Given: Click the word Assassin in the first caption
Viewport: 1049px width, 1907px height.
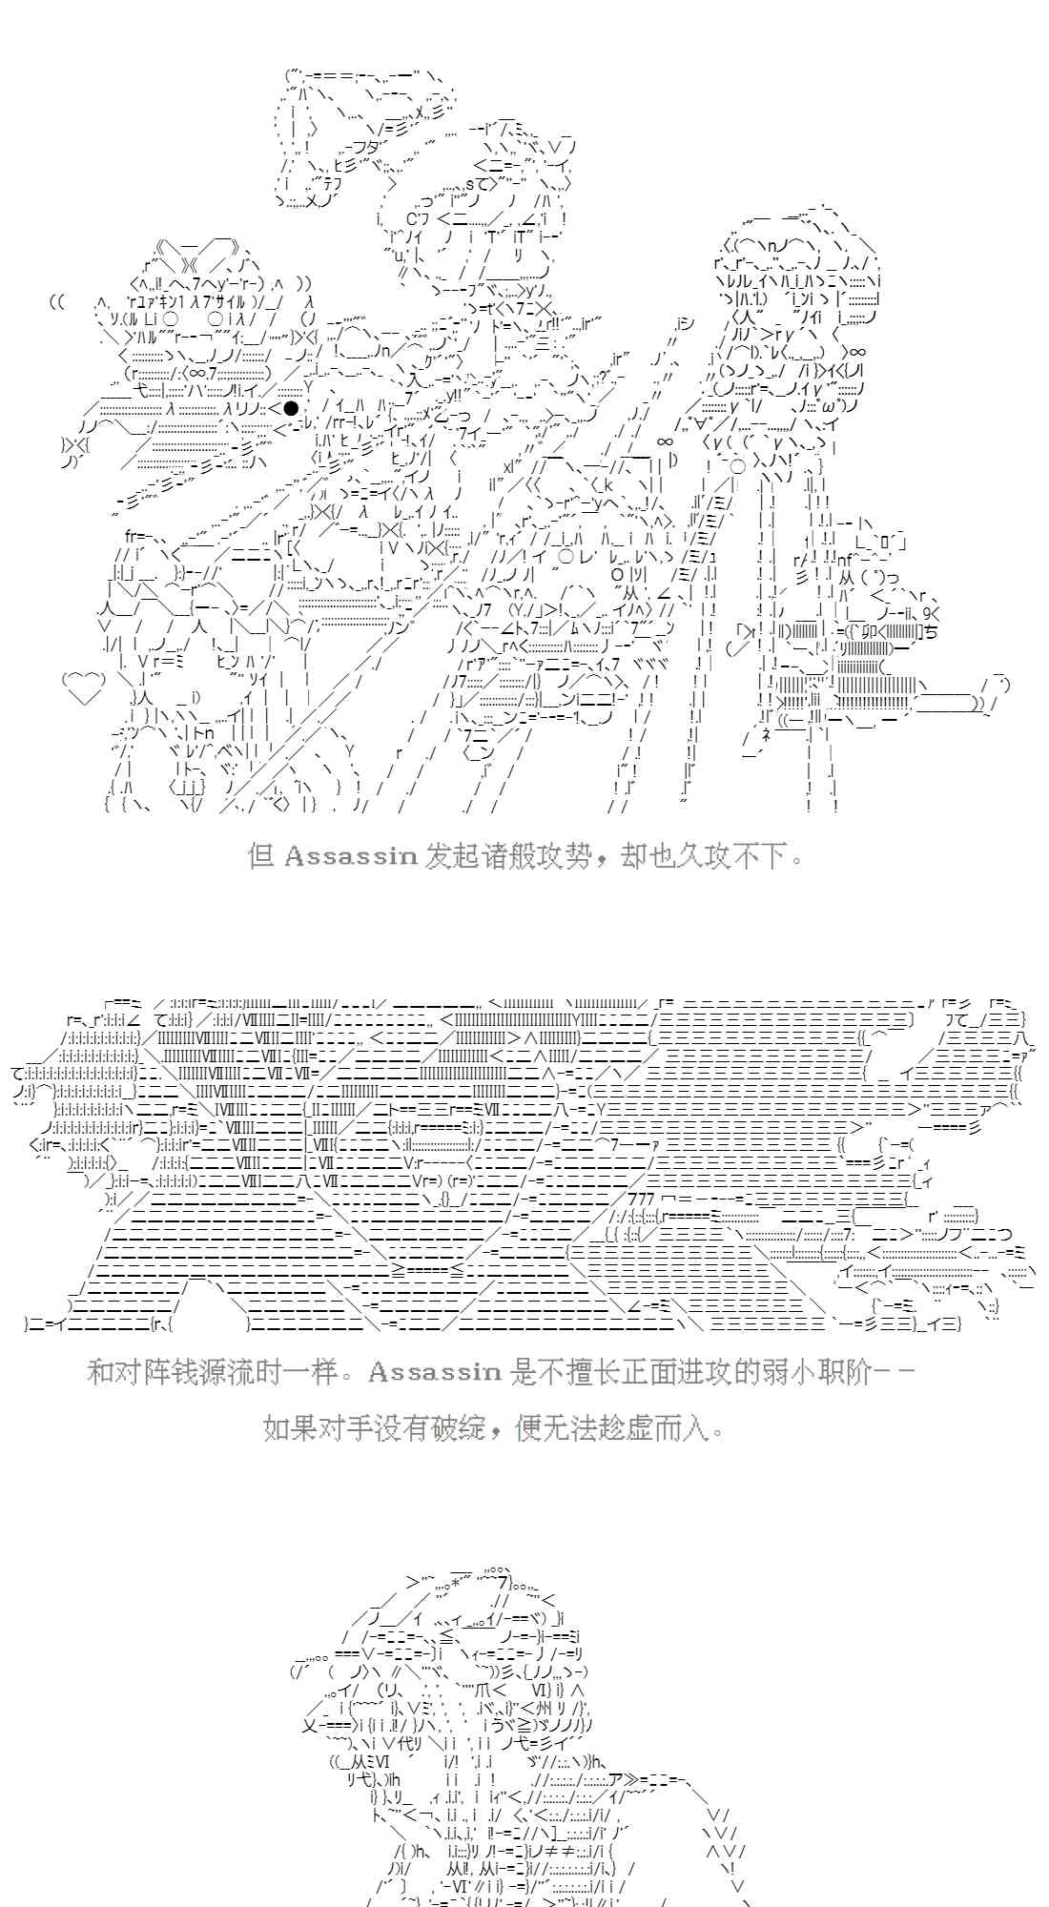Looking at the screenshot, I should coord(350,855).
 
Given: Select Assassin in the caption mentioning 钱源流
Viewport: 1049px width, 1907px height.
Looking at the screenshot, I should coord(434,1372).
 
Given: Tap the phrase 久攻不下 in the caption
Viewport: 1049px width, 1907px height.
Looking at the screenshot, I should coord(730,855).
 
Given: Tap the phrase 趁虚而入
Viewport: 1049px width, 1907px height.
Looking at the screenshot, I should coord(668,1427).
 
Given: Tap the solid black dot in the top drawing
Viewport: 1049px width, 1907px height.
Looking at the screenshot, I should coord(291,408).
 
